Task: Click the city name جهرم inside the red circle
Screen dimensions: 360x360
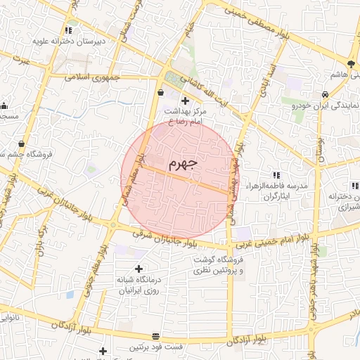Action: point(184,164)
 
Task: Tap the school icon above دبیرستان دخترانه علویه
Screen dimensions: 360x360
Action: point(68,30)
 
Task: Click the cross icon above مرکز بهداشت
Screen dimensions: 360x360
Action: point(185,101)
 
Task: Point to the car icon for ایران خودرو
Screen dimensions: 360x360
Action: point(325,94)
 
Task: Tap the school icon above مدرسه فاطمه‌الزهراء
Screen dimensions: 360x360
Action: point(276,174)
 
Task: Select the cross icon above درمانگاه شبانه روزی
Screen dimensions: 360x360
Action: point(138,269)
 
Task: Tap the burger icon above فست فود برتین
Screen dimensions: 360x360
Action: point(155,336)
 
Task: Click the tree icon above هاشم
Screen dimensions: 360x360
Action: point(352,64)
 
